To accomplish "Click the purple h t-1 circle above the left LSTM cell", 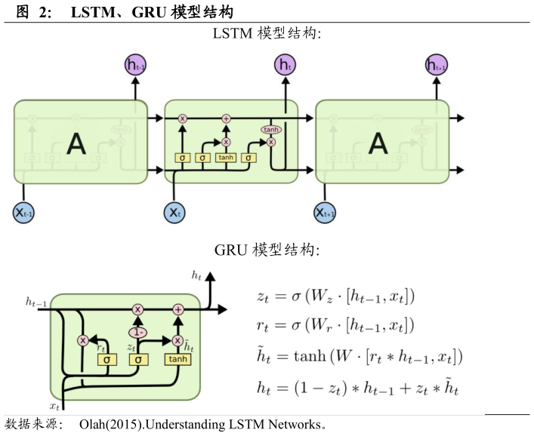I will [x=136, y=66].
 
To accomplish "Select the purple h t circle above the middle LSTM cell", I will [x=286, y=66].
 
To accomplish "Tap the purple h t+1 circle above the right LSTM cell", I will [x=437, y=66].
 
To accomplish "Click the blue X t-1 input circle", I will [x=24, y=213].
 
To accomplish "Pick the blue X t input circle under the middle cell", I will [x=175, y=213].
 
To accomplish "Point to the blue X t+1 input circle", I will [x=326, y=213].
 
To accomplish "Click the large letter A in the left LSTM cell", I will [x=76, y=143].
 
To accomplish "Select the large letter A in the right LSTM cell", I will [x=378, y=143].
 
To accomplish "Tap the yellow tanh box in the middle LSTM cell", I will [x=226, y=158].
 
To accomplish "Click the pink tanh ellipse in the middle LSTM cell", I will [x=270, y=130].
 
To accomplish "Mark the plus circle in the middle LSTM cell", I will [x=226, y=118].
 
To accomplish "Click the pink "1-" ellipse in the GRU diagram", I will [x=137, y=331].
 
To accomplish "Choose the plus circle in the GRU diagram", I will [x=178, y=309].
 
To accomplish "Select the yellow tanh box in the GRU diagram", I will [x=178, y=360].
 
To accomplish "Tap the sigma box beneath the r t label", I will [x=107, y=360].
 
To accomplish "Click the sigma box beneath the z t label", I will [x=137, y=360].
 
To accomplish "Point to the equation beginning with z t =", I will [x=334, y=296].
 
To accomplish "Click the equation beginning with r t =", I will [x=334, y=325].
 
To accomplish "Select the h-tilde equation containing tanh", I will [x=359, y=356].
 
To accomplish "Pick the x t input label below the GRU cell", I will [x=54, y=406].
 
